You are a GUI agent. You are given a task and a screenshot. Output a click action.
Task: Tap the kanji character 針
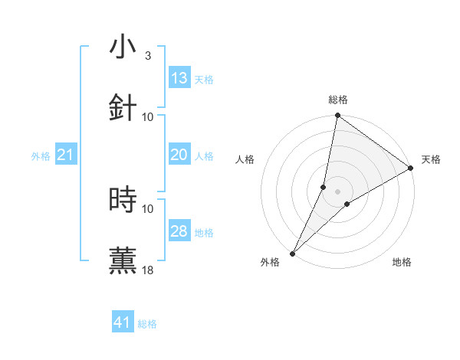point(123,108)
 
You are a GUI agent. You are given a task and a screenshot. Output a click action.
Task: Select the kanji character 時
point(123,200)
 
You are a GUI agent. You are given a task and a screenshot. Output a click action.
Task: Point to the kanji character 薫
point(123,261)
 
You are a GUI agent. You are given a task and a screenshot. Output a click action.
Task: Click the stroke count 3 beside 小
point(148,56)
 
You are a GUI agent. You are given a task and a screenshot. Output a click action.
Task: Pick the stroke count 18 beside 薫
point(148,270)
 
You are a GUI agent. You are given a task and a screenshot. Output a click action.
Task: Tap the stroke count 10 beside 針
point(148,117)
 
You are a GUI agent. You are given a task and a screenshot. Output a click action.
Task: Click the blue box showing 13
point(179,78)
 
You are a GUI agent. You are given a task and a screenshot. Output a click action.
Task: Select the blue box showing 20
point(179,155)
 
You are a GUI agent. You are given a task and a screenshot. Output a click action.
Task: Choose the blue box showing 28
point(179,231)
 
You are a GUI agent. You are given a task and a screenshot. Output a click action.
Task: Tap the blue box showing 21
point(66,155)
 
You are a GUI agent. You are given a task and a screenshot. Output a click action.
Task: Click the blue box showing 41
point(123,322)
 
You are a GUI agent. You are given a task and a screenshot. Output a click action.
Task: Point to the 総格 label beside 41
point(147,324)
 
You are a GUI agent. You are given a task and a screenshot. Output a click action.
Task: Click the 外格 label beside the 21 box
point(41,156)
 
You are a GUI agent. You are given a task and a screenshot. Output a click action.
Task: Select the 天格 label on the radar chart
point(431,159)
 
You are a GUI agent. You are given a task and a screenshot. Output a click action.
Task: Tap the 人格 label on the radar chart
point(245,159)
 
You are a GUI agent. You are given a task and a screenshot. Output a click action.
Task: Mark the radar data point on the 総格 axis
point(337,116)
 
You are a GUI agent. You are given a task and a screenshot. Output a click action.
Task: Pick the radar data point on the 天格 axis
point(411,169)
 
